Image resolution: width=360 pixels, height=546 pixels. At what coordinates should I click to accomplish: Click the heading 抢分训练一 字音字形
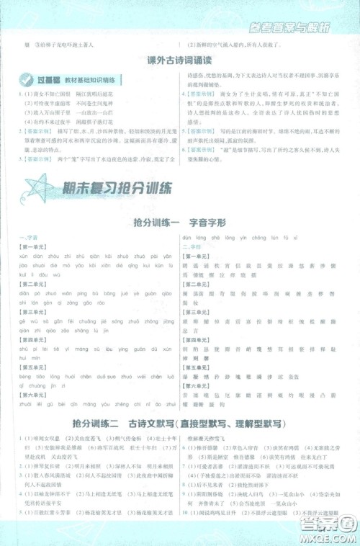(179, 223)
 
